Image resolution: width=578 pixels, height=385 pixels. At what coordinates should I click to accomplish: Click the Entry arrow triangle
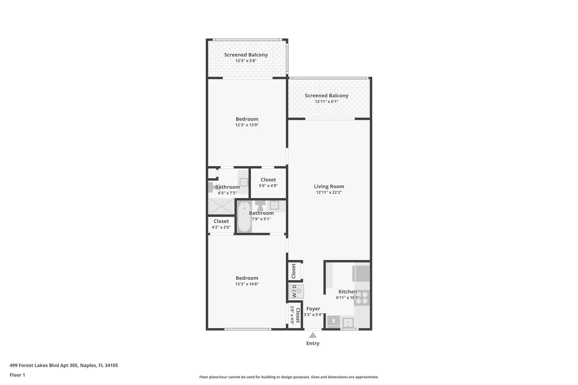pyautogui.click(x=312, y=335)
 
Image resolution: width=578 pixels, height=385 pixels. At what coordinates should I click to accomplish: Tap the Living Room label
pyautogui.click(x=329, y=186)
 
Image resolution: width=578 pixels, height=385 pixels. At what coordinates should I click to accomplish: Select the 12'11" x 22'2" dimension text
pyautogui.click(x=329, y=193)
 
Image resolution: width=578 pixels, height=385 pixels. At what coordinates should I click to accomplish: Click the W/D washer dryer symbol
pyautogui.click(x=296, y=291)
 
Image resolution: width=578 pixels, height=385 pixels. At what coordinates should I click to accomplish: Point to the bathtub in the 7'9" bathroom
pyautogui.click(x=244, y=217)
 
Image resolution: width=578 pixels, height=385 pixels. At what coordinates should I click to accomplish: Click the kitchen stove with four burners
pyautogui.click(x=362, y=298)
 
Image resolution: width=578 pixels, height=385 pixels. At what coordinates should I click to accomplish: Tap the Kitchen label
pyautogui.click(x=347, y=292)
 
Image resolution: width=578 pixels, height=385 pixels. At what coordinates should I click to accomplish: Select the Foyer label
pyautogui.click(x=313, y=309)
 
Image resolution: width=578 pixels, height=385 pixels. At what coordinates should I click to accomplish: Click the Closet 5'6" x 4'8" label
pyautogui.click(x=268, y=180)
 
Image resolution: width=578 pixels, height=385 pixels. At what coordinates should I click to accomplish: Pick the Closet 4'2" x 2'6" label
pyautogui.click(x=221, y=221)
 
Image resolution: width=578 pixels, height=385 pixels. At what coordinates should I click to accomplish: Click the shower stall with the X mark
pyautogui.click(x=221, y=206)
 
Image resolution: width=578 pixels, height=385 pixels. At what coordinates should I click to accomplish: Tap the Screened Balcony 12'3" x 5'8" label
pyautogui.click(x=246, y=55)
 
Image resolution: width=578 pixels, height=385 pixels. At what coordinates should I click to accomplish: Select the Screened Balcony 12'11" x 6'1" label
pyautogui.click(x=326, y=96)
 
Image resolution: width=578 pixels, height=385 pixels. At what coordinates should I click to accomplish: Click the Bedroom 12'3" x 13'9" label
pyautogui.click(x=247, y=119)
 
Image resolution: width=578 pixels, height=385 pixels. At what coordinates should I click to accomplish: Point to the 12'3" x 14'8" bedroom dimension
pyautogui.click(x=247, y=284)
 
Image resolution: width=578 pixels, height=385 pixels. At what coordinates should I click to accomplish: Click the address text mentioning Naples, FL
pyautogui.click(x=64, y=365)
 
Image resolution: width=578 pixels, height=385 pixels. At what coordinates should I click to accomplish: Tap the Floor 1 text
pyautogui.click(x=17, y=375)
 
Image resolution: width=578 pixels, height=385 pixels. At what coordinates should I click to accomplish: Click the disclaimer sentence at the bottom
pyautogui.click(x=289, y=377)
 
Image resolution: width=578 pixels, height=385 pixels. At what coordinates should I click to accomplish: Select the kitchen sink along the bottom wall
pyautogui.click(x=348, y=322)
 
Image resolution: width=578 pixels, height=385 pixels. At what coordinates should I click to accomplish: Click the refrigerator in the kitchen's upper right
pyautogui.click(x=361, y=273)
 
